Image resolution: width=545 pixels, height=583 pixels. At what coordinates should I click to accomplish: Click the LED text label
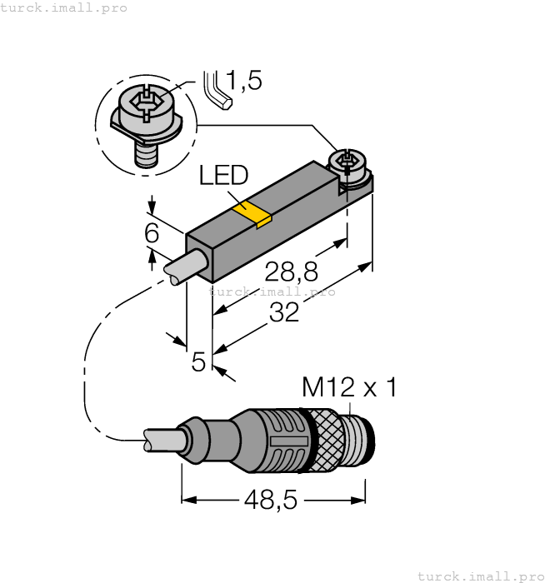[223, 176]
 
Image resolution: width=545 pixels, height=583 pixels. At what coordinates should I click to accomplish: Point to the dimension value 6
[151, 234]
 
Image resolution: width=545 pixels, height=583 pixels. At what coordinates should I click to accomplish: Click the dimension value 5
[198, 362]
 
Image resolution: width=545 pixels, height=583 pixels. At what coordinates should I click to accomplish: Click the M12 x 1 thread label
[349, 387]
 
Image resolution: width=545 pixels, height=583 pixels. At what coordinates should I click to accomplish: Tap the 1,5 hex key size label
[243, 81]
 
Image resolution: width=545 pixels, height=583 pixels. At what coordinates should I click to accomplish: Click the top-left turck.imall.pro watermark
[64, 7]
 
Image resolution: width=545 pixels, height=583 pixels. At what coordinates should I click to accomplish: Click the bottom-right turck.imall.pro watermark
[480, 576]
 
